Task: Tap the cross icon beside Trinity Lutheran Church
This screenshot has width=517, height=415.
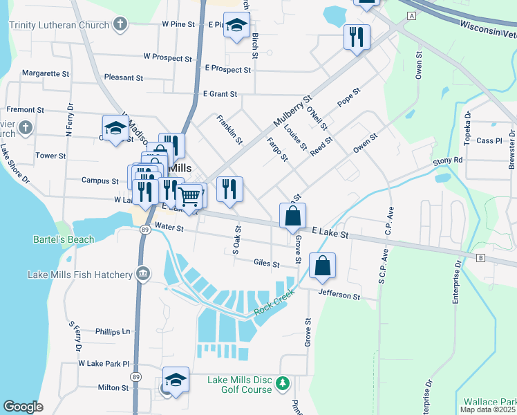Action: tap(120, 25)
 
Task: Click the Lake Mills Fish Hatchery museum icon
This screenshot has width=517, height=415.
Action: tap(143, 275)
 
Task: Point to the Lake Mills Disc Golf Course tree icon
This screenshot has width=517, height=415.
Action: tap(282, 382)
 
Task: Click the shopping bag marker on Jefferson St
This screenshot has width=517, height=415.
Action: tap(323, 266)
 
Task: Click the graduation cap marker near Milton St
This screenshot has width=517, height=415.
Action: tap(176, 380)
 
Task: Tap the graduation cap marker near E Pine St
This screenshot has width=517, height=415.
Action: tap(237, 26)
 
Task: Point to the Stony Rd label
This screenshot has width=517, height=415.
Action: tap(448, 160)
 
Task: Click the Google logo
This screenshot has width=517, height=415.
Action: tap(23, 407)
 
